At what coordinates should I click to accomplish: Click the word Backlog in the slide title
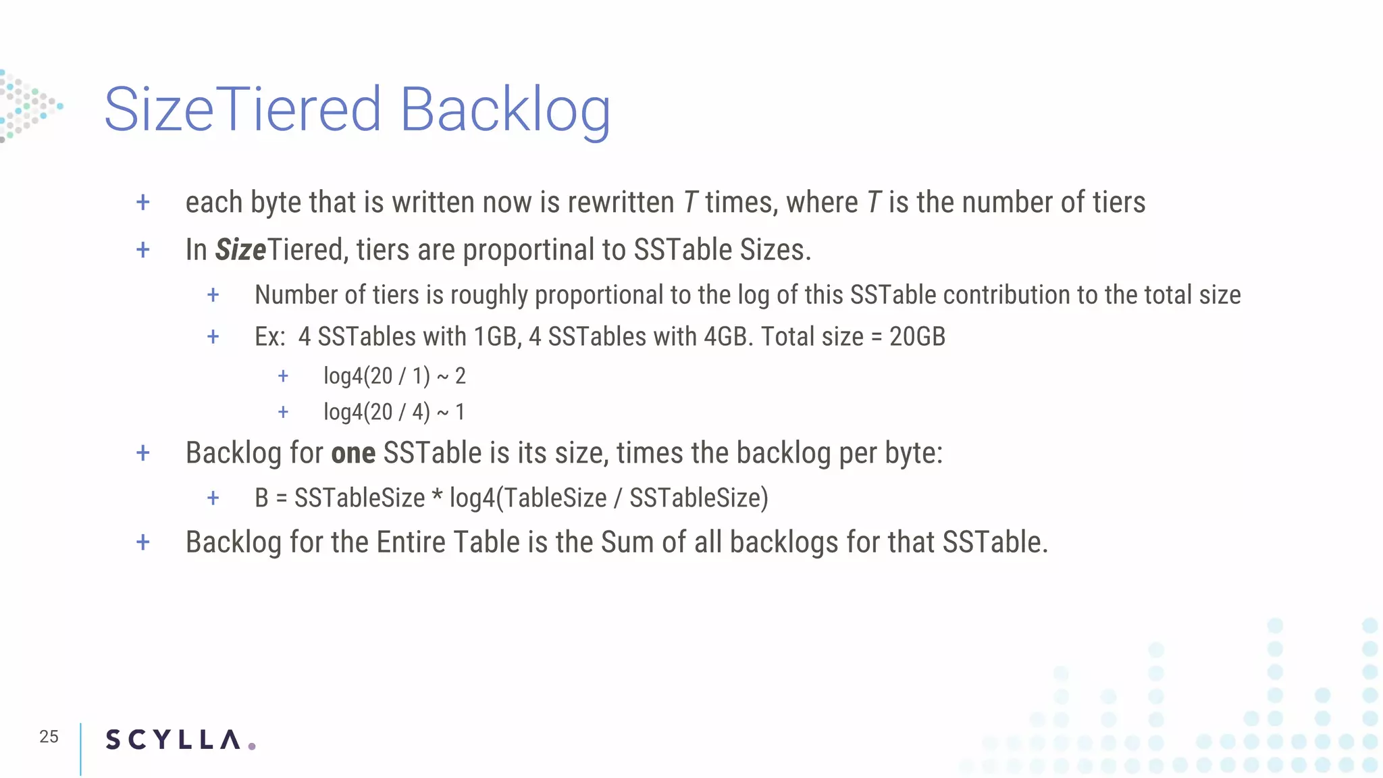coord(505,109)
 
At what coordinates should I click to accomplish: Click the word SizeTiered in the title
coord(243,109)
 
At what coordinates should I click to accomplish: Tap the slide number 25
coord(49,737)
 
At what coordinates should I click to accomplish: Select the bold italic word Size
coord(240,250)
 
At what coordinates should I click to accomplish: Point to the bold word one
coord(353,453)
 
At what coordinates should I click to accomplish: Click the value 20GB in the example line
coord(917,336)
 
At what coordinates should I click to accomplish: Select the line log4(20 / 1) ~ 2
coord(394,375)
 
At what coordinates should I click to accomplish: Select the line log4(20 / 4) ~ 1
coord(394,412)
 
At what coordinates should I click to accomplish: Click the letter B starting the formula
coord(261,498)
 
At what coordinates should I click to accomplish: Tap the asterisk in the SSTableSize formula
coord(437,496)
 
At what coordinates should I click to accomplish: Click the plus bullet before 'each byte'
coord(143,203)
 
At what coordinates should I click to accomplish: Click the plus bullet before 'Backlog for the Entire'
coord(143,542)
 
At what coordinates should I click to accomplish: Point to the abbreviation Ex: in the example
coord(270,336)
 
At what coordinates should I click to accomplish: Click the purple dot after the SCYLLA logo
coord(252,746)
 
